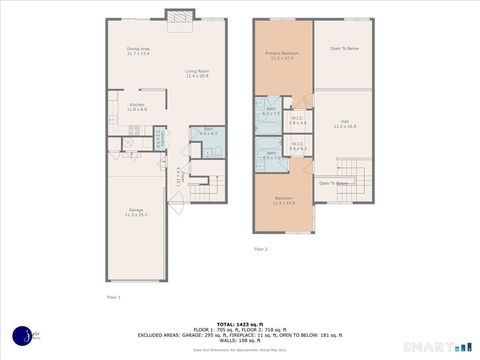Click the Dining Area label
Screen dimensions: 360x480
138,51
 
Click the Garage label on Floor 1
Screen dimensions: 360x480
136,213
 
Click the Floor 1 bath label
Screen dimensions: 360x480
208,131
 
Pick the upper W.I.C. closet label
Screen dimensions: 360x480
297,121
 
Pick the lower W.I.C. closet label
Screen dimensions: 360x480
297,146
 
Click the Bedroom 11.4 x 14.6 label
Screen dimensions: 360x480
283,200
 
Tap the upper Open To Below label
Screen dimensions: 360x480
344,48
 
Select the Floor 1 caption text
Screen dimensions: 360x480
113,297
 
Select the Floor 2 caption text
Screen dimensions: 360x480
260,248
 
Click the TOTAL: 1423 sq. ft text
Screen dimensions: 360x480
240,324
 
